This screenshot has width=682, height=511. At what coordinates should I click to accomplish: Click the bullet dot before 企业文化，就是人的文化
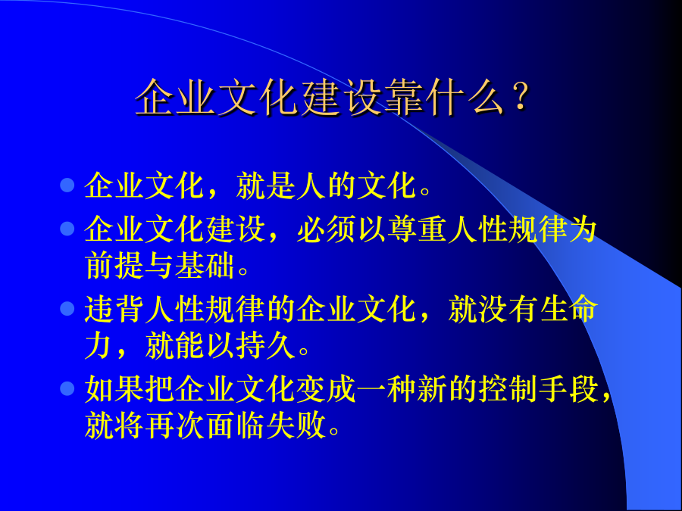[x=67, y=185]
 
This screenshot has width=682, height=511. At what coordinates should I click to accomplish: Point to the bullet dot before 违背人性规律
[x=67, y=309]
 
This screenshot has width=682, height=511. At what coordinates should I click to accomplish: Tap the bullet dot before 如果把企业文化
[x=67, y=388]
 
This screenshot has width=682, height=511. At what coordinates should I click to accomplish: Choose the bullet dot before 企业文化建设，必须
[x=67, y=228]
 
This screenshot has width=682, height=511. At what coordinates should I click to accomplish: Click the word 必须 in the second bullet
[x=327, y=229]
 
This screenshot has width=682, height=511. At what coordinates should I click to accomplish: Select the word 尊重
[x=417, y=229]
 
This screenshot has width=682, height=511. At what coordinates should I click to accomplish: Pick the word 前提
[x=114, y=266]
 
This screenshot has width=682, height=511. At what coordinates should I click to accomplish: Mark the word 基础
[x=205, y=266]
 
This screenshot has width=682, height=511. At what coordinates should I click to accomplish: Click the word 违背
[x=114, y=309]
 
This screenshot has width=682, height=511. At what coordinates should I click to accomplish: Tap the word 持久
[x=266, y=346]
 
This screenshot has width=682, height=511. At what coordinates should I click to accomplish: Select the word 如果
[x=114, y=388]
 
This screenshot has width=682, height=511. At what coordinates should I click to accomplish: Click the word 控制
[x=508, y=388]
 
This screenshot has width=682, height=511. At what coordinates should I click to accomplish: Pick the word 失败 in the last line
[x=296, y=425]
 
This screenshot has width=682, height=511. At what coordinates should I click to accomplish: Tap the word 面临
[x=236, y=425]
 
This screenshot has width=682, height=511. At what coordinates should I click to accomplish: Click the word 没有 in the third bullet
[x=508, y=309]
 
